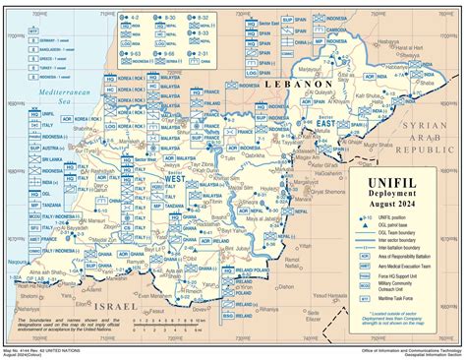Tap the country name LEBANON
point(301,87)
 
